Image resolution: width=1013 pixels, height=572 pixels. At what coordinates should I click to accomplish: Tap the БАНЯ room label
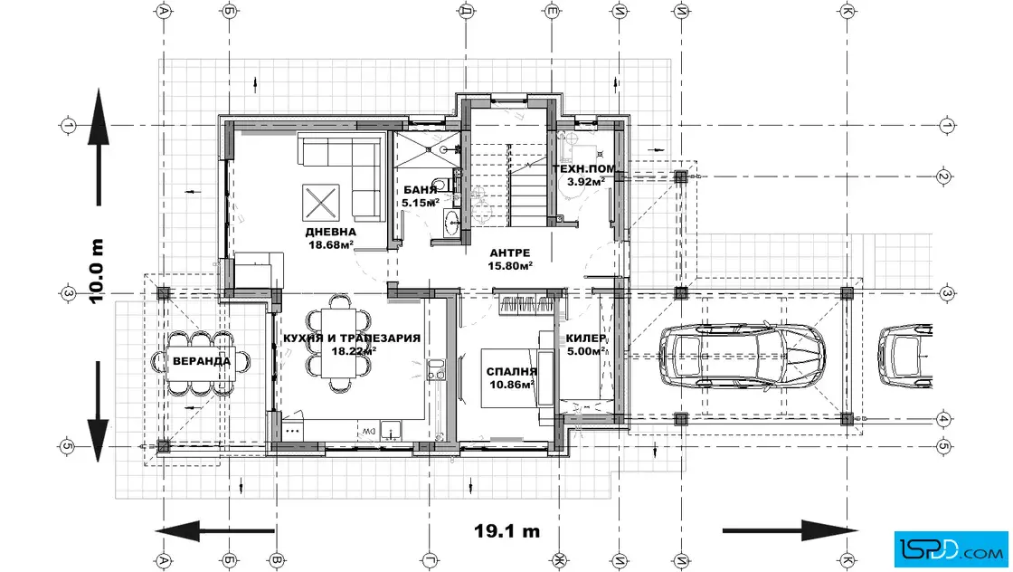[420, 190]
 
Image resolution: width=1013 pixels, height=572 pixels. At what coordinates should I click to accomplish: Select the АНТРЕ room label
[510, 253]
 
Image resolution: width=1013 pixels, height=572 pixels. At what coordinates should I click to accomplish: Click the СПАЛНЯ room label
[511, 371]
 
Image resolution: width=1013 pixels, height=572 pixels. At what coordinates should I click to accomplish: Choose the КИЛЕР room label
[585, 339]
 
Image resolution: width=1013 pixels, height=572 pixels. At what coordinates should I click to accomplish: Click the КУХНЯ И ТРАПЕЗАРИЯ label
[352, 338]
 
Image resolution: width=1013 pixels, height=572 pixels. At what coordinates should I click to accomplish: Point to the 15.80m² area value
[510, 265]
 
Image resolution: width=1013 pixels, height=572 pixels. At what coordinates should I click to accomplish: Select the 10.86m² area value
[511, 384]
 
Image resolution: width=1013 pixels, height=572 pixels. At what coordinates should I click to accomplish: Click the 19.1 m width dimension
[507, 531]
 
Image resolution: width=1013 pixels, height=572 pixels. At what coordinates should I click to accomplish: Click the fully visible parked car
[742, 356]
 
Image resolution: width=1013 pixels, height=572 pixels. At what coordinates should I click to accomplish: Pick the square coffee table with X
[320, 201]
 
